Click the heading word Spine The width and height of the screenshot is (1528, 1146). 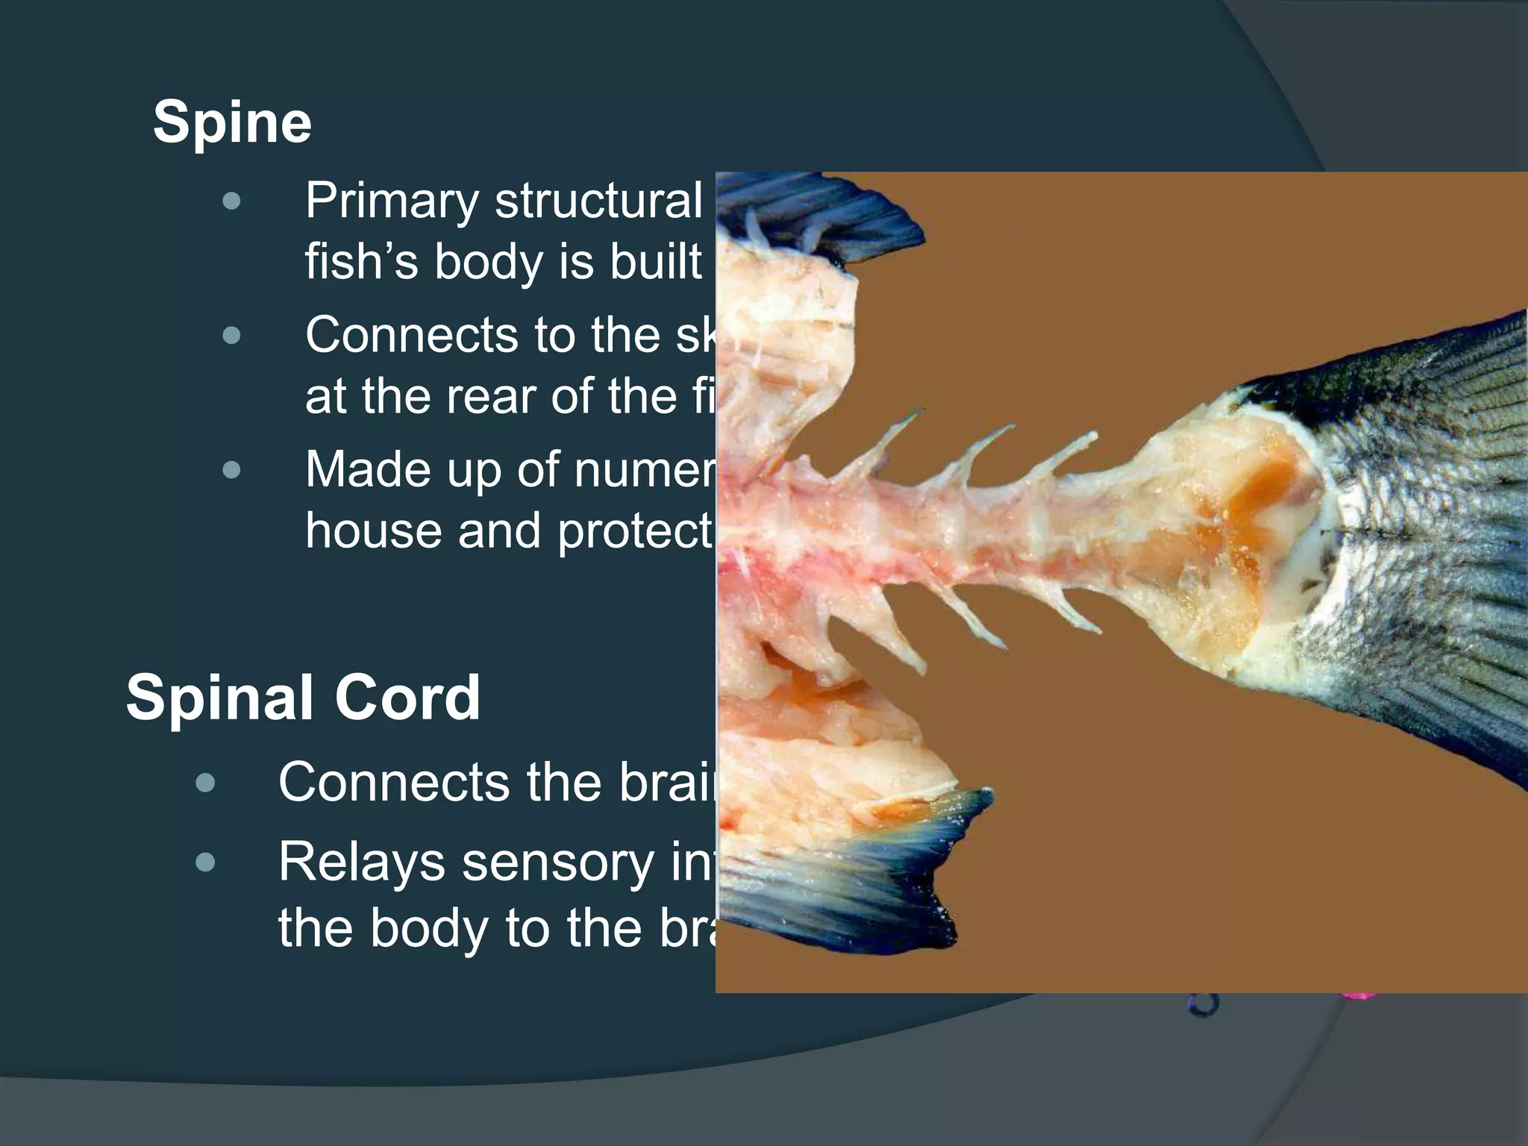(x=232, y=123)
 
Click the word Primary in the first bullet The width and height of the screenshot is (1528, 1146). (x=392, y=201)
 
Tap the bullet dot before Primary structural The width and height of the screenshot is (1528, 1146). (x=232, y=201)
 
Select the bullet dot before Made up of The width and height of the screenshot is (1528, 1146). (x=232, y=470)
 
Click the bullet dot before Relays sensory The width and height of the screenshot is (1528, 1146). (x=205, y=863)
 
